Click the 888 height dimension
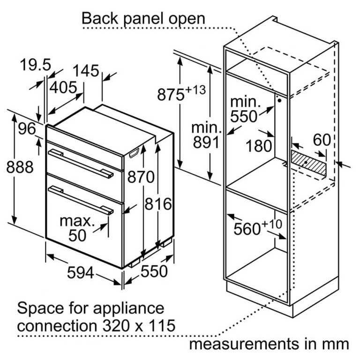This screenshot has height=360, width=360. [x=20, y=167]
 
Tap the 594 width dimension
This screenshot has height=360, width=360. [x=80, y=273]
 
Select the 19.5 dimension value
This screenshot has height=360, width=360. [x=35, y=65]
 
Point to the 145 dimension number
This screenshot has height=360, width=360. [x=86, y=70]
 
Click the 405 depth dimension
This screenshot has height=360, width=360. [x=63, y=87]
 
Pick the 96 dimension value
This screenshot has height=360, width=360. [x=27, y=128]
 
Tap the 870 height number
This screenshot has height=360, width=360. [x=141, y=177]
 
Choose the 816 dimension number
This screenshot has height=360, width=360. [x=158, y=203]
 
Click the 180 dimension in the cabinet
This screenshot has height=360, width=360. [x=259, y=146]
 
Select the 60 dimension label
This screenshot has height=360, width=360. [x=322, y=140]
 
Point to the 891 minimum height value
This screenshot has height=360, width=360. [x=206, y=142]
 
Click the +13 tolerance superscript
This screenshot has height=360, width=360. [x=195, y=90]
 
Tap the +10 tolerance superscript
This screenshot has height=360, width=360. [x=271, y=224]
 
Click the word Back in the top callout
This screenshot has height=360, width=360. [x=100, y=18]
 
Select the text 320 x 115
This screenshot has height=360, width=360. [x=139, y=325]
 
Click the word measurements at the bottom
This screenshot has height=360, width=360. [x=243, y=344]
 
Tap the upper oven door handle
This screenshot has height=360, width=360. [x=81, y=163]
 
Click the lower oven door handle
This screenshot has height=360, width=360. [x=81, y=200]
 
